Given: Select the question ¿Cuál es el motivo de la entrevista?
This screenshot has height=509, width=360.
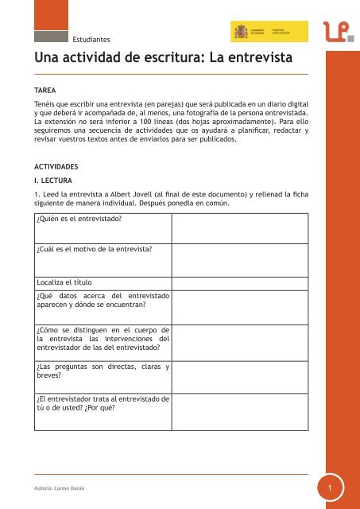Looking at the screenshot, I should coord(95,250).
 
